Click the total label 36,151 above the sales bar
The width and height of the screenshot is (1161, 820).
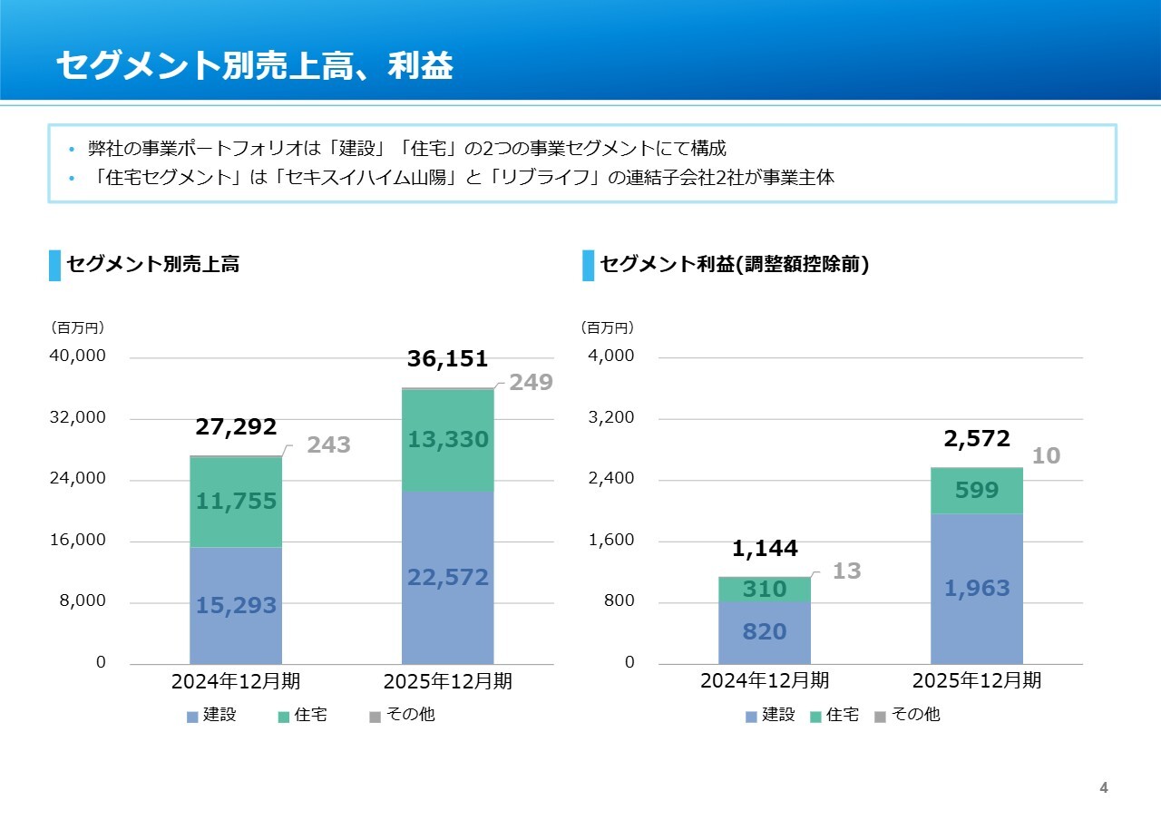[447, 359]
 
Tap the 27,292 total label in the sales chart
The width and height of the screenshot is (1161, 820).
[236, 427]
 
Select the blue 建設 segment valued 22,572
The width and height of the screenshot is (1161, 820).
[448, 577]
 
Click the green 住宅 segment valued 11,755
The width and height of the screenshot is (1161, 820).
[236, 502]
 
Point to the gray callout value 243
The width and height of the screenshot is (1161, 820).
[328, 445]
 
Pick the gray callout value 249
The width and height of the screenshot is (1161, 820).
[531, 383]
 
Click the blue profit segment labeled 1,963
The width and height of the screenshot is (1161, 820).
[977, 589]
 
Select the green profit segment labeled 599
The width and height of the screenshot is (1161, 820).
[977, 491]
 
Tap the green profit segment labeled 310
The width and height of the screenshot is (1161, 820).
[765, 590]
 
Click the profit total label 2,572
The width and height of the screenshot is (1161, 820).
[977, 439]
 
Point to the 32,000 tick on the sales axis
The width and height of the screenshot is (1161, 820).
[78, 418]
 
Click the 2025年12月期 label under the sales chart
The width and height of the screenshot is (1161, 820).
[448, 681]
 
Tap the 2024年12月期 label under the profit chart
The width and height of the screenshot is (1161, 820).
[765, 680]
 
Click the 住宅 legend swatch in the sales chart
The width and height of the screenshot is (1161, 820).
[284, 717]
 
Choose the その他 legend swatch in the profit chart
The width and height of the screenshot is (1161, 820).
[880, 717]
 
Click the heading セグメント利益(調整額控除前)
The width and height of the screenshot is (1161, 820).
[735, 265]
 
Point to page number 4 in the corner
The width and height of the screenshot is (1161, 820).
[1104, 788]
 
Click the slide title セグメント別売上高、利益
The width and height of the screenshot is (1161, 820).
[255, 66]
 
